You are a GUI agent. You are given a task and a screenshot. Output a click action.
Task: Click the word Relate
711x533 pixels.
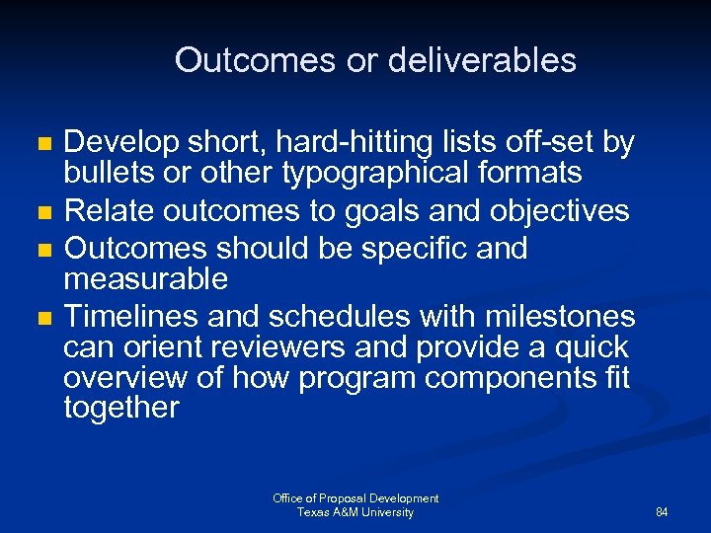[x=109, y=211]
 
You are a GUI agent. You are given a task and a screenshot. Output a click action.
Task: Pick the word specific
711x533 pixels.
[x=412, y=248]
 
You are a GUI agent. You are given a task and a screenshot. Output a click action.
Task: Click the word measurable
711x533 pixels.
[x=145, y=279]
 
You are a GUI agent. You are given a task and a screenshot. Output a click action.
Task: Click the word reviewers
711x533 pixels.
[x=274, y=347]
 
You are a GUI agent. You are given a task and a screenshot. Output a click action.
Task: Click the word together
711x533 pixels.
[x=121, y=409]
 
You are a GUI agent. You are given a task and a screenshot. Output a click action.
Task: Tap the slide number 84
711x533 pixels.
[x=662, y=512]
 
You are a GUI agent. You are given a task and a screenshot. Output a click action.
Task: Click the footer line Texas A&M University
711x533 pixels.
[x=355, y=512]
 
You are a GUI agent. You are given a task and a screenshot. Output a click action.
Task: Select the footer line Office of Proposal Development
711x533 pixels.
[x=355, y=498]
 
